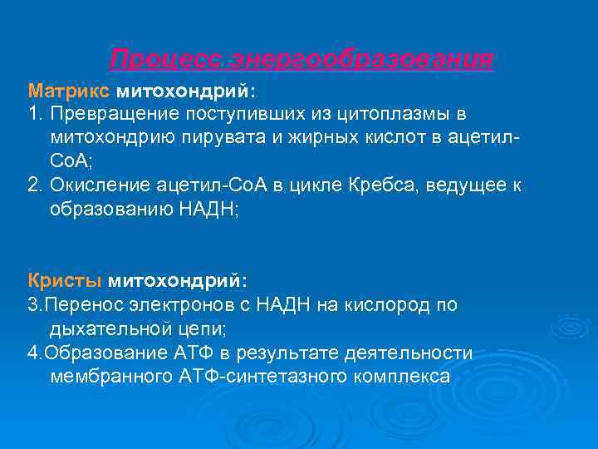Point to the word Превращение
(115, 112)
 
